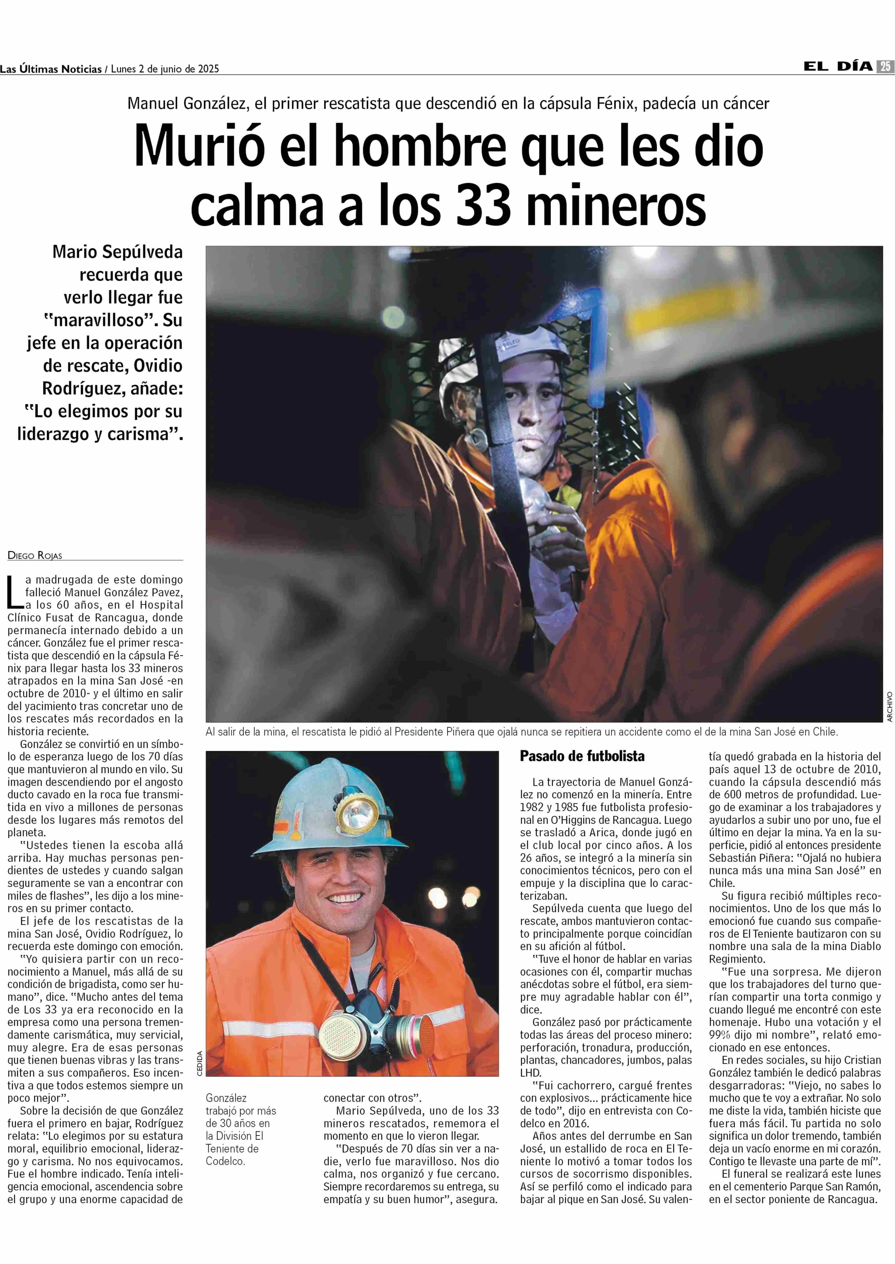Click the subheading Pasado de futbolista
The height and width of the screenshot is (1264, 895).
coord(582,756)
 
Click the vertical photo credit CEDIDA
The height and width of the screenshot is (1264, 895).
coord(200,1062)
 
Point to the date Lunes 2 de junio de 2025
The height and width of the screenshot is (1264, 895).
coord(165,69)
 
